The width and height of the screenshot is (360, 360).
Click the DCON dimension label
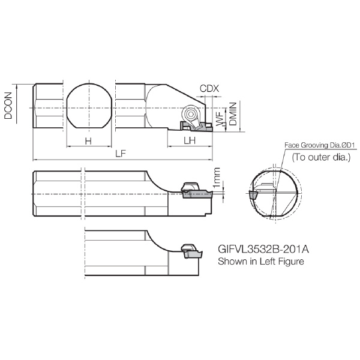click(x=8, y=106)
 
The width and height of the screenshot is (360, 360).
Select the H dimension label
click(x=88, y=141)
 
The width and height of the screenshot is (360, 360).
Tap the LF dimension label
click(x=121, y=154)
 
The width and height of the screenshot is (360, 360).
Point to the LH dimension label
click(x=190, y=140)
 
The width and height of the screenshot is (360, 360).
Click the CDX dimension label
click(x=209, y=88)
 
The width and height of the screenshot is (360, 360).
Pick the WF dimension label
click(x=220, y=119)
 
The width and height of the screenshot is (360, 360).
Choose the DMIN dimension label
click(x=233, y=114)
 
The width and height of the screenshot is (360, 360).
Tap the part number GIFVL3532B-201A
click(x=263, y=249)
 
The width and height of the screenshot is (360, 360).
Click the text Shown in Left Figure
click(x=261, y=261)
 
